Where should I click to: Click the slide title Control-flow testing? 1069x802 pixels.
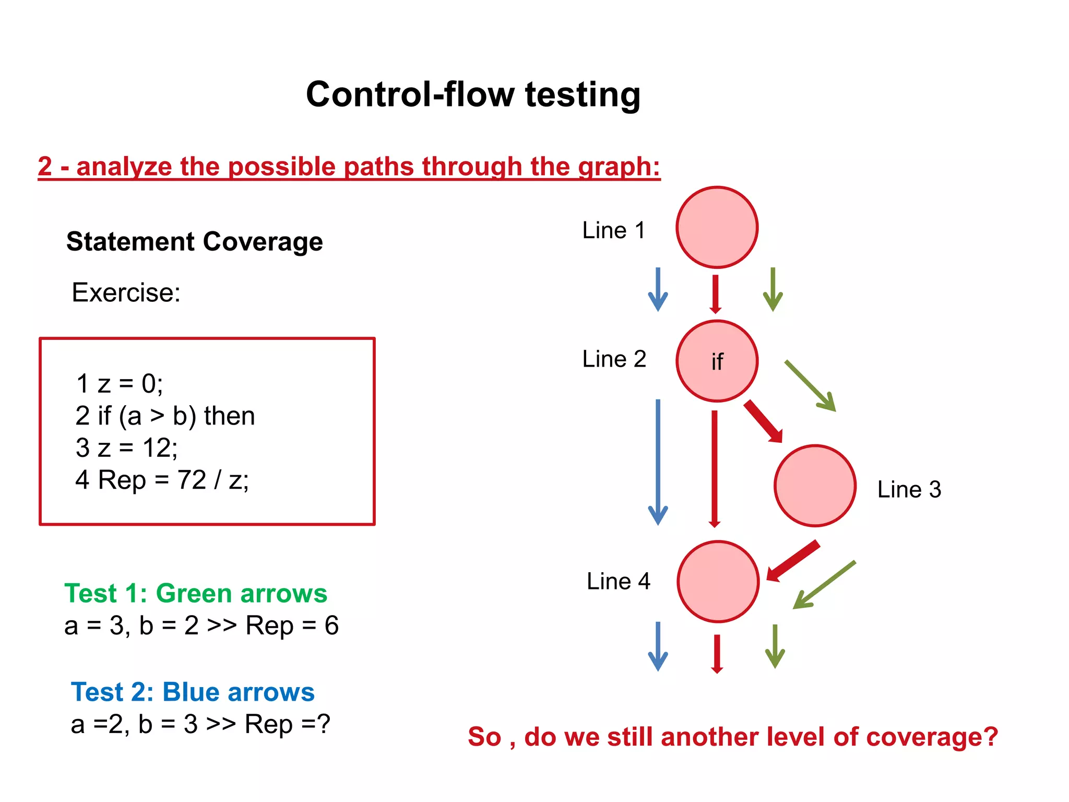(473, 95)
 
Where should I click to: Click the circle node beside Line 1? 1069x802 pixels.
(717, 228)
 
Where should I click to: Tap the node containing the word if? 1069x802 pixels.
(717, 361)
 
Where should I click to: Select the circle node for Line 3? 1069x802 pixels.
(814, 486)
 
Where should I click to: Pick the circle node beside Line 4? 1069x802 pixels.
(718, 581)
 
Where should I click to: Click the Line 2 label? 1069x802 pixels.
(614, 359)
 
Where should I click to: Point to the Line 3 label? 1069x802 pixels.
(909, 490)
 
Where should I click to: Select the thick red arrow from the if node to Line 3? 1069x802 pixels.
(763, 421)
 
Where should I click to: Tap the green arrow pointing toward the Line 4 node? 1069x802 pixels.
(824, 585)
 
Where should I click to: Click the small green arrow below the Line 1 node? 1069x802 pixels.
(773, 290)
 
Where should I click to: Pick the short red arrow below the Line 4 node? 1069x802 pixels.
(717, 653)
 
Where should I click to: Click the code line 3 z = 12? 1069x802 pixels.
(127, 448)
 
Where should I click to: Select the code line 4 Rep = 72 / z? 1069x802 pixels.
(162, 480)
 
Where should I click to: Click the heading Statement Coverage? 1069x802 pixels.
(194, 242)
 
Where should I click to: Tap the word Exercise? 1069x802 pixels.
(126, 292)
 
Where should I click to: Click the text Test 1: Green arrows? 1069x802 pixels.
(196, 594)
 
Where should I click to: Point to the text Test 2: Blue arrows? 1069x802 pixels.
(193, 692)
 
